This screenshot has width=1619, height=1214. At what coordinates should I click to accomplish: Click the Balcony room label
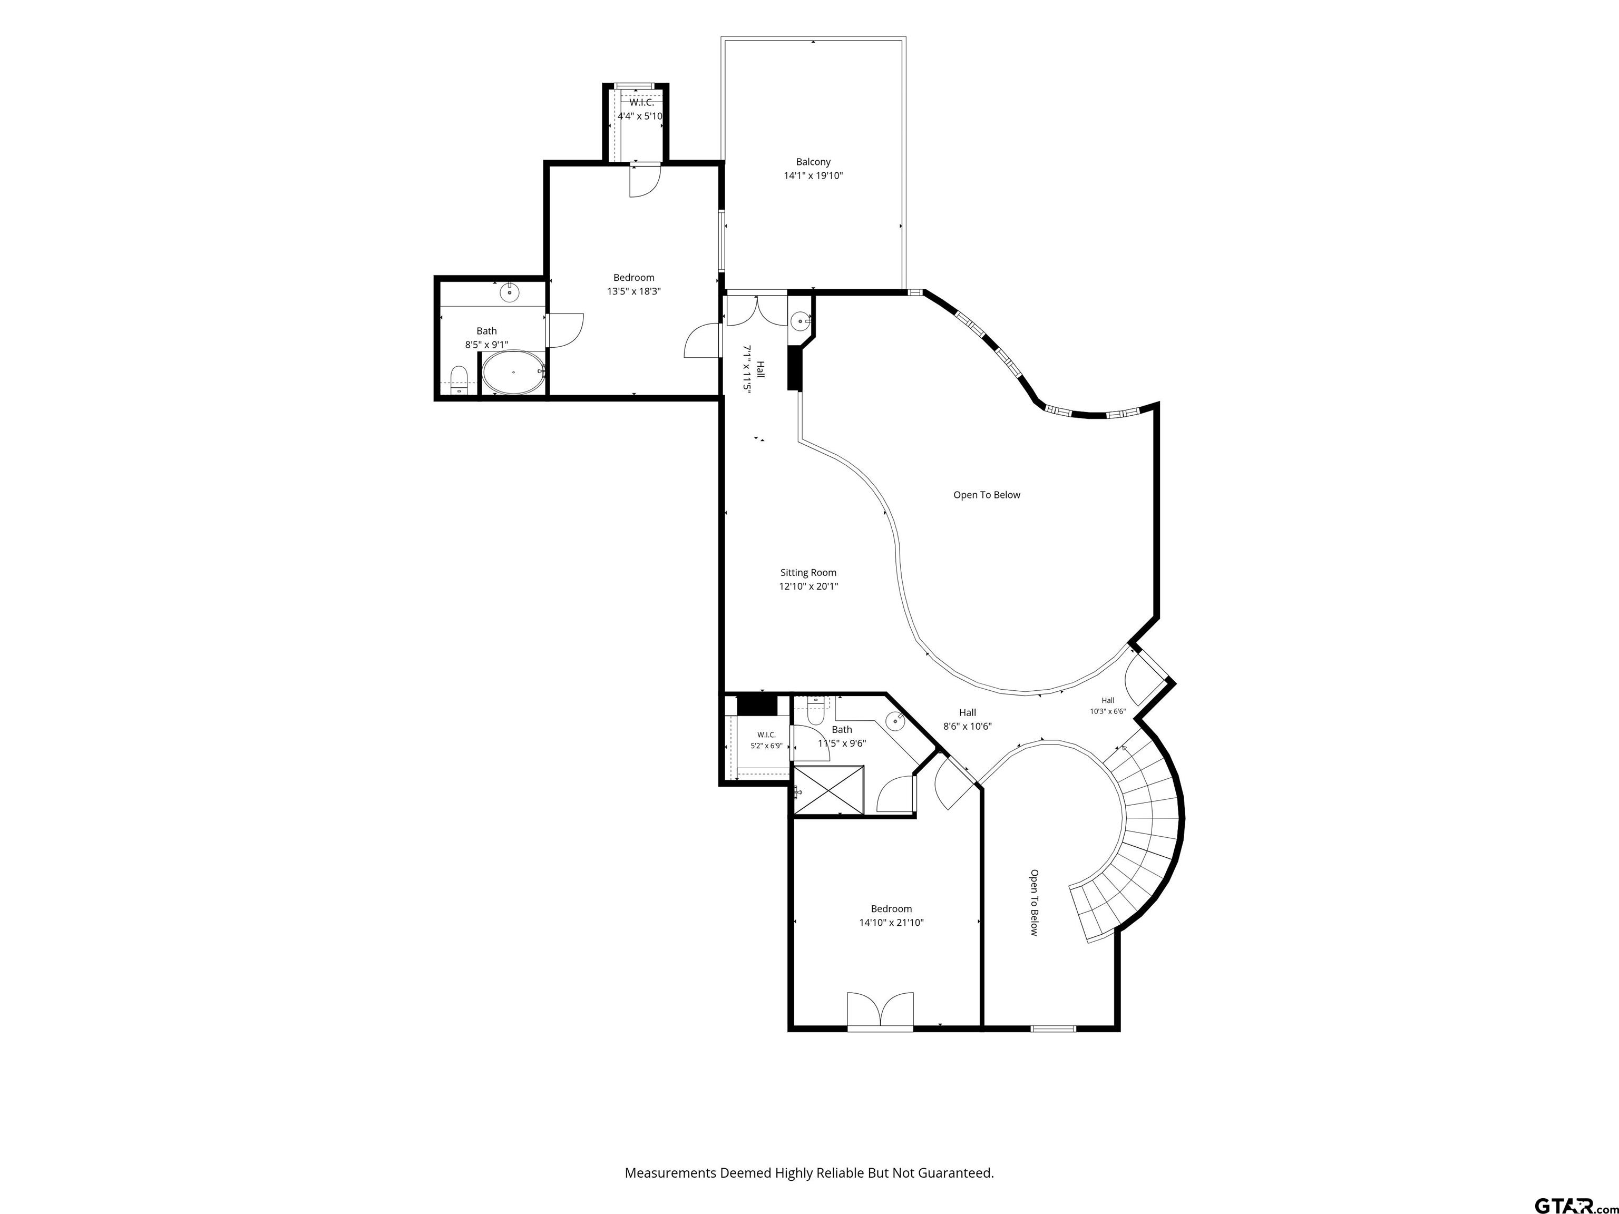click(813, 162)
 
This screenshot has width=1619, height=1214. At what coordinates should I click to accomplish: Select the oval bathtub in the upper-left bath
click(513, 373)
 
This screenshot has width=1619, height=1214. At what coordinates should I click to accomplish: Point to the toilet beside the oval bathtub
click(459, 380)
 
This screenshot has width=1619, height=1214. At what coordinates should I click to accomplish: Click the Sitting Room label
click(808, 572)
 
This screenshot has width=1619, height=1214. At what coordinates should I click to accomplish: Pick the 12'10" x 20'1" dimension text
click(808, 586)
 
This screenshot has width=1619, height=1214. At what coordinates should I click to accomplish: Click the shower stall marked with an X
click(828, 790)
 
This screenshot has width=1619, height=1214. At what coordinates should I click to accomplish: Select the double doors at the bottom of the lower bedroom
click(881, 1011)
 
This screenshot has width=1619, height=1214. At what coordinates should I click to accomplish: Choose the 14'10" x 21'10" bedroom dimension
click(892, 923)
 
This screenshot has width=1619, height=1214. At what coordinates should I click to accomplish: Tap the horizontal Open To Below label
click(987, 495)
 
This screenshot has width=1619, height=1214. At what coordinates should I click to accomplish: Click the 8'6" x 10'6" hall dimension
click(968, 727)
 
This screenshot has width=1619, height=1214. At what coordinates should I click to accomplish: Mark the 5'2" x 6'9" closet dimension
click(766, 746)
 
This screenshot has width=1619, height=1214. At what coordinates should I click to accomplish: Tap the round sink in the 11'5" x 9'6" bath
click(896, 721)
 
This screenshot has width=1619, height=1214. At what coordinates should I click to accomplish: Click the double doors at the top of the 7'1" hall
click(756, 309)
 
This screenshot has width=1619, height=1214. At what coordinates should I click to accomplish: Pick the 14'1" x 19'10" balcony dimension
click(813, 175)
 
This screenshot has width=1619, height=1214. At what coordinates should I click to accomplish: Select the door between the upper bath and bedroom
click(564, 330)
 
